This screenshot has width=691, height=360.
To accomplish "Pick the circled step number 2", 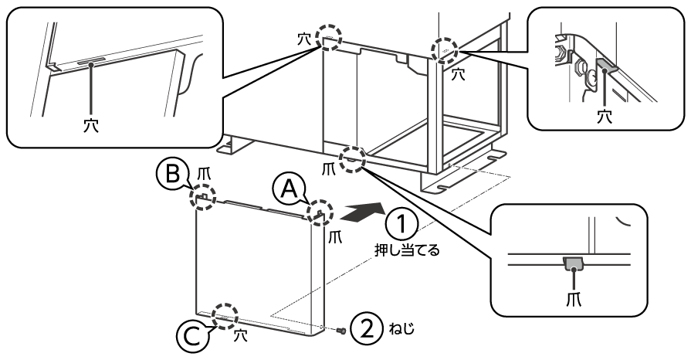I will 365,328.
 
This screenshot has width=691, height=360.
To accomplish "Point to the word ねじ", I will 401,328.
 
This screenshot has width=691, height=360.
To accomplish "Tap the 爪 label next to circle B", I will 202,171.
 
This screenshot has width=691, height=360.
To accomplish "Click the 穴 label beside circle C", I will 242,336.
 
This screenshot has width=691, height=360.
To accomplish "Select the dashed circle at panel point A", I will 319,212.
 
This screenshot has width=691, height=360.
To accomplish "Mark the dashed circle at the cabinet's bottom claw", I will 352,158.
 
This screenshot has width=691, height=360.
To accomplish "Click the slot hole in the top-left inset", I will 92,59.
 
